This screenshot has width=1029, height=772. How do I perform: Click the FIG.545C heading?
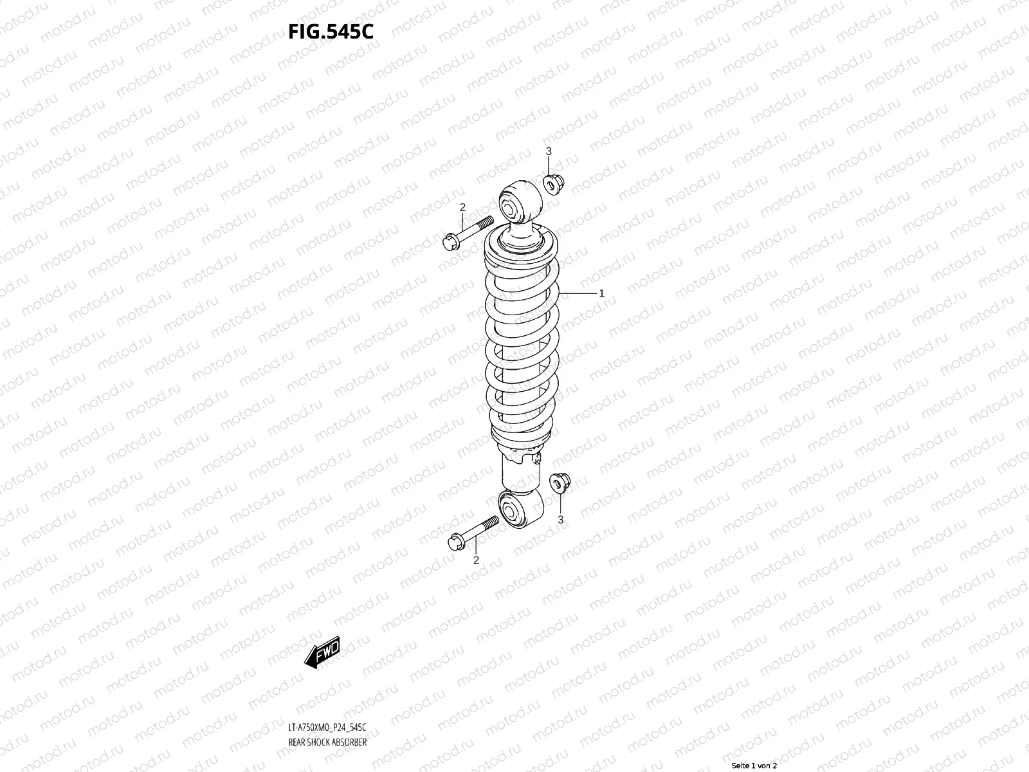point(330,32)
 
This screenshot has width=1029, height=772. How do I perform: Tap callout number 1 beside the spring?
point(601,293)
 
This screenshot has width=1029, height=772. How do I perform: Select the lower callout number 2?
point(476,560)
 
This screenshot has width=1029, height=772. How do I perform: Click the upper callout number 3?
point(549,151)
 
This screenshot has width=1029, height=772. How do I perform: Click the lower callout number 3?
point(560,519)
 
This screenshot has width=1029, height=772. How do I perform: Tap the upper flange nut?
point(554,183)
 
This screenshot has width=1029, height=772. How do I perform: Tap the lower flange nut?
point(558,482)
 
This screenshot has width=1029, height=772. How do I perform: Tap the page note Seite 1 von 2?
point(754,766)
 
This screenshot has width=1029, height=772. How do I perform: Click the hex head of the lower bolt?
point(455,543)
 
